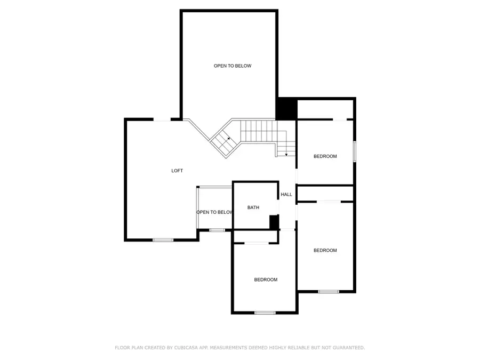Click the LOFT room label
tap(177, 171)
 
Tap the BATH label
tap(253, 207)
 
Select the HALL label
tap(286, 195)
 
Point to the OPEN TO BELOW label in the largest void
tap(233, 66)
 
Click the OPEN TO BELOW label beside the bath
tap(214, 212)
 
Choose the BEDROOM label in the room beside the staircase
tap(325, 156)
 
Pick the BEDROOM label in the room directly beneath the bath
tap(266, 280)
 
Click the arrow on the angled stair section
tap(228, 139)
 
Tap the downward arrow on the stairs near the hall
tap(286, 154)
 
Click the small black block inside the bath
tap(274, 222)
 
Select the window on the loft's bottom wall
tap(163, 240)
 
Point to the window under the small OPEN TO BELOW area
tap(217, 230)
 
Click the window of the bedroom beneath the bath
tap(265, 313)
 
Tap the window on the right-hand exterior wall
tap(354, 151)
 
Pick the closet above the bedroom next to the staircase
tap(325, 110)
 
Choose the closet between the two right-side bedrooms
tap(325, 193)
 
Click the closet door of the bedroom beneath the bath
tap(257, 243)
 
